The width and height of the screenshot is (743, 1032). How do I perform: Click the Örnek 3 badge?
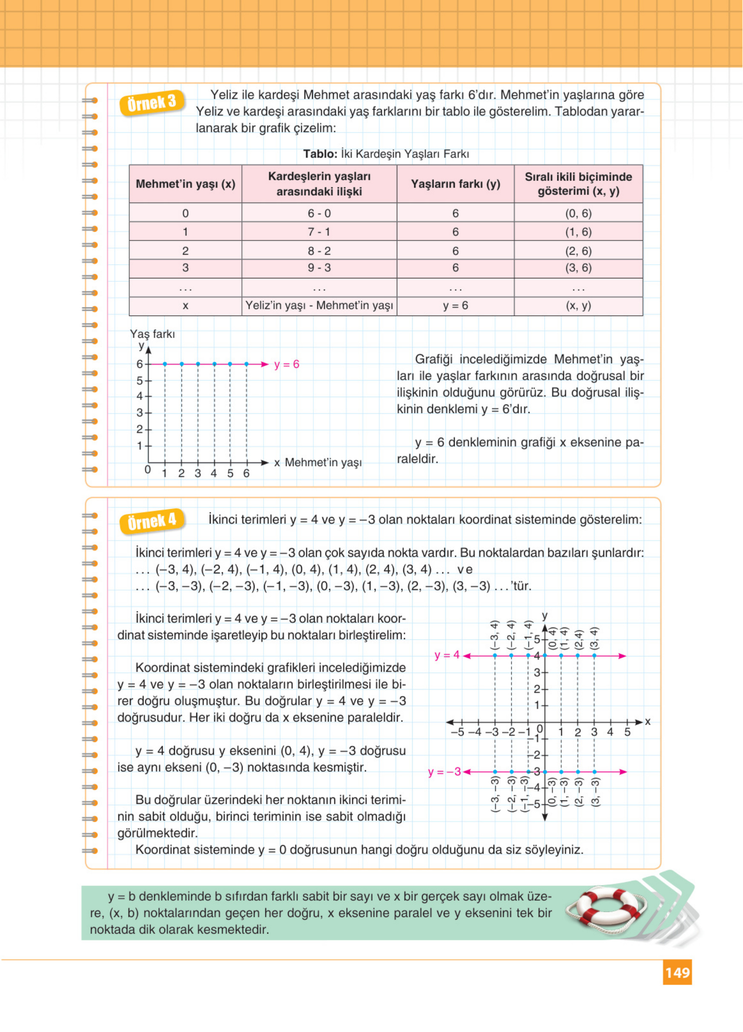click(152, 103)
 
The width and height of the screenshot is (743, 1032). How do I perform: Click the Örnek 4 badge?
click(152, 521)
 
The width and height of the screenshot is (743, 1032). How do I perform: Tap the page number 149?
click(677, 972)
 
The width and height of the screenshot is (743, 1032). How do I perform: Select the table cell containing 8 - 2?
click(319, 251)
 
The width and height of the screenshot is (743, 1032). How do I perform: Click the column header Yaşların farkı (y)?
click(455, 184)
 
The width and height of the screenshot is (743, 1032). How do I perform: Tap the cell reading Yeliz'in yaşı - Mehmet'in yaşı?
click(319, 305)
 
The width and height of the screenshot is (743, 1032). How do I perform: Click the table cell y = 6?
click(455, 305)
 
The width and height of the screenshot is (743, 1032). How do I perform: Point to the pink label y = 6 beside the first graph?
click(287, 364)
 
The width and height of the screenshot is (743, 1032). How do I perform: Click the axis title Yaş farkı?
click(152, 334)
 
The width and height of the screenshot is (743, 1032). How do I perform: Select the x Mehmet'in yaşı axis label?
click(318, 462)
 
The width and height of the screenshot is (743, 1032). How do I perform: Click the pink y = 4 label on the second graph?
click(447, 655)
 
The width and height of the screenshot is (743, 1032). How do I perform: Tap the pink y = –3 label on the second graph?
click(444, 772)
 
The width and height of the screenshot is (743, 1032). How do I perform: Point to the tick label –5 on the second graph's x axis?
click(457, 732)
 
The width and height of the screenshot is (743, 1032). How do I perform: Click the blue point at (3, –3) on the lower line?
click(594, 772)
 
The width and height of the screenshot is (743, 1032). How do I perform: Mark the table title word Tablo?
click(320, 154)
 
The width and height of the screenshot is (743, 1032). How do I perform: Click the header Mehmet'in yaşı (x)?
click(185, 184)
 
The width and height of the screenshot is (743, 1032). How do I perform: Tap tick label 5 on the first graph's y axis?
click(140, 381)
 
